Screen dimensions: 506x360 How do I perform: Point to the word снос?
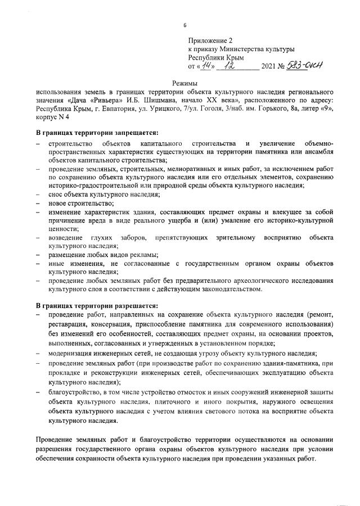[56, 194]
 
